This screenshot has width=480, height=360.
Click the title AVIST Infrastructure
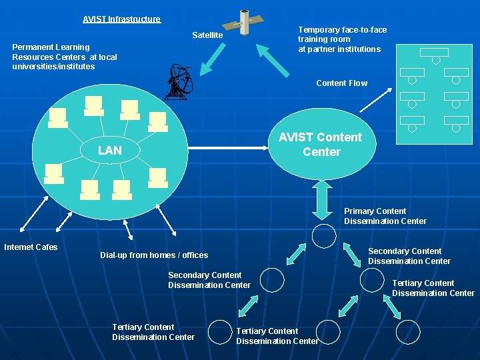121,19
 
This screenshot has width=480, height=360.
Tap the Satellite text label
207,35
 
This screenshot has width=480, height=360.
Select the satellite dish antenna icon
178,82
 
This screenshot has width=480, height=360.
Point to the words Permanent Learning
51,47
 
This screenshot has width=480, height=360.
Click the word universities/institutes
53,67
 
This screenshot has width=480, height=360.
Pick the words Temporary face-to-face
342,30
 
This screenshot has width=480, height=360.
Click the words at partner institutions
339,49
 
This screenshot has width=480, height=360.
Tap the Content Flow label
341,83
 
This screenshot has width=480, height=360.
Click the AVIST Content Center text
320,145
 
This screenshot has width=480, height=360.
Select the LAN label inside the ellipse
109,151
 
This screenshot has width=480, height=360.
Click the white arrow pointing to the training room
375,99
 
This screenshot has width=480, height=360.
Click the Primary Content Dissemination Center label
385,216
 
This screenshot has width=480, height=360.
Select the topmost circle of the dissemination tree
325,236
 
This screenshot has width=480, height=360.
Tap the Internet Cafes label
31,247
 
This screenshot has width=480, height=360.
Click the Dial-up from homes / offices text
154,255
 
